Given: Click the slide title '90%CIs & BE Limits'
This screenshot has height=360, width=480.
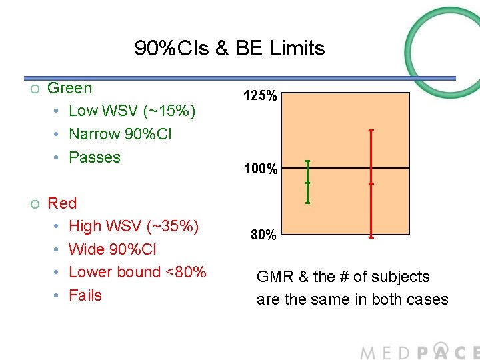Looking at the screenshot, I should click(x=229, y=48).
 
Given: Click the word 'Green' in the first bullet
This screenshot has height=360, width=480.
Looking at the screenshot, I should click(x=70, y=88).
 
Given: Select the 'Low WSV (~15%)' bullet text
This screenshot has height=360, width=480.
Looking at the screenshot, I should click(x=132, y=111).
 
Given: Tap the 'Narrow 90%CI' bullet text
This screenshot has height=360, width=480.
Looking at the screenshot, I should click(x=120, y=134).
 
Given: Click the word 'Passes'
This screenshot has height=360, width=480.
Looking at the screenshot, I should click(x=95, y=157).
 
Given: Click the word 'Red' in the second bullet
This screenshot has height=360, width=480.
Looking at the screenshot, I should click(x=62, y=203).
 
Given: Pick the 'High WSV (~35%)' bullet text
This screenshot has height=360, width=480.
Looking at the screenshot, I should click(x=133, y=226).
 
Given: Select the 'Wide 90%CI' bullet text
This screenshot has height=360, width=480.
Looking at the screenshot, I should click(x=113, y=249).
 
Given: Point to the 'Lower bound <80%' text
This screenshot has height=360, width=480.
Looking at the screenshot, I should click(x=137, y=272).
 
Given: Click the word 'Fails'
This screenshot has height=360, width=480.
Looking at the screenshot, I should click(x=85, y=295).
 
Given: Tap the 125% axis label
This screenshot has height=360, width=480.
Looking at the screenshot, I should click(x=260, y=97).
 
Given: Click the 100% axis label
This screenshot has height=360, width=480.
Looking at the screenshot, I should click(x=260, y=169).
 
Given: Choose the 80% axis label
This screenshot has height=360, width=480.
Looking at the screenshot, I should click(x=263, y=235).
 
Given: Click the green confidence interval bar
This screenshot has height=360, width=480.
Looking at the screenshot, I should click(x=307, y=181).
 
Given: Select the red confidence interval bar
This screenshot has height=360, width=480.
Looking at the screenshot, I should click(x=371, y=183).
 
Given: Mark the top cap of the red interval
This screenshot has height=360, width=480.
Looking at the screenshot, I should click(x=371, y=130).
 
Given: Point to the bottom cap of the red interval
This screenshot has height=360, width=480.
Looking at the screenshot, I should click(x=371, y=237).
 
